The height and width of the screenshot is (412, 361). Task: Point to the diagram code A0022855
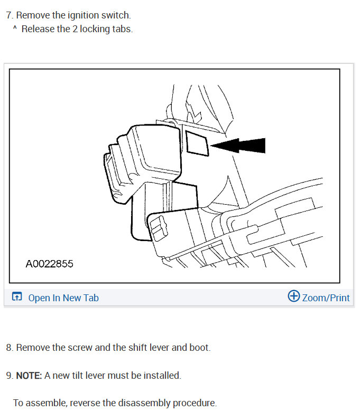click(x=49, y=264)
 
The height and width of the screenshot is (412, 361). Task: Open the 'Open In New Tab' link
click(x=63, y=298)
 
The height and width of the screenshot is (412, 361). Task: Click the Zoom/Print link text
click(x=326, y=298)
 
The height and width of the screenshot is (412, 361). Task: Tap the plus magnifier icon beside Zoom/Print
click(x=293, y=296)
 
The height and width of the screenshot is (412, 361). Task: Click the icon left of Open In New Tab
click(x=17, y=298)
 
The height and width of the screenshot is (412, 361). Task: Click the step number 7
click(x=9, y=15)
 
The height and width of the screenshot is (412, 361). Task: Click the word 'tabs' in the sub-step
click(x=123, y=29)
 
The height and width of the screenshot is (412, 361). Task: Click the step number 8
click(x=9, y=348)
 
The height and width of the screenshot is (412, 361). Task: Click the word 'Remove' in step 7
click(x=33, y=15)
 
